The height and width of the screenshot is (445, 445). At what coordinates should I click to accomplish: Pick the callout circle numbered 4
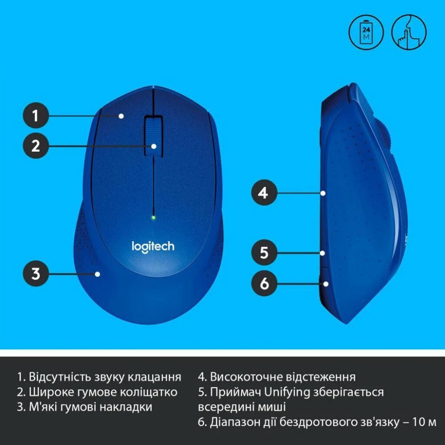coord(264,193)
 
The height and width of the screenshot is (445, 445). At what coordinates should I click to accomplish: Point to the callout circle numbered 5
coord(264,253)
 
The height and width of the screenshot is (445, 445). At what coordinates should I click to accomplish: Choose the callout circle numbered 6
coord(264,283)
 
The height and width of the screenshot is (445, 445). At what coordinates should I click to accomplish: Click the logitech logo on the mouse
coord(153,246)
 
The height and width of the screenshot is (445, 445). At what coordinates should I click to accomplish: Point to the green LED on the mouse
coord(153,218)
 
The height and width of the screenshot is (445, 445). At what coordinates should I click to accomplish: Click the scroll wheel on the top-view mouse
coord(153,136)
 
